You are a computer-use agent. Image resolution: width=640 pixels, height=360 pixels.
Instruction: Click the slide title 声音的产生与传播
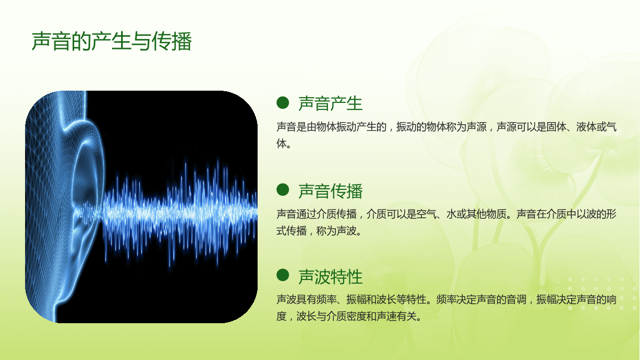[111, 42]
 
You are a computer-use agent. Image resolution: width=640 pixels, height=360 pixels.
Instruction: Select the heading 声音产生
[330, 103]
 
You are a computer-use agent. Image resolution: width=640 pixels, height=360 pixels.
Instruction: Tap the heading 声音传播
[330, 191]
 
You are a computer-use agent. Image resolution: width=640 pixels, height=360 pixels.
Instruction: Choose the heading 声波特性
[330, 277]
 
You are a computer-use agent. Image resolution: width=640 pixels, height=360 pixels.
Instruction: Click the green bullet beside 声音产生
[283, 103]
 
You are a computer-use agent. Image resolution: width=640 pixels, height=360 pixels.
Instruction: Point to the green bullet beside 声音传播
[283, 190]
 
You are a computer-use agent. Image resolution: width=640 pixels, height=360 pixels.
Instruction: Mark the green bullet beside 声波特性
[283, 275]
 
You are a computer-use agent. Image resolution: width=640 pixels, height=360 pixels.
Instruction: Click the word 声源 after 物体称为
[476, 127]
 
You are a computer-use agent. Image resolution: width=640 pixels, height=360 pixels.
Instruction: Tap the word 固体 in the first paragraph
[556, 127]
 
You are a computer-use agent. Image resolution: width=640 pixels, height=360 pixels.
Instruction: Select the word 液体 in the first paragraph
[586, 127]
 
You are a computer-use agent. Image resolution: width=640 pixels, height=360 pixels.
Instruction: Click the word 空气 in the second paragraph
[426, 214]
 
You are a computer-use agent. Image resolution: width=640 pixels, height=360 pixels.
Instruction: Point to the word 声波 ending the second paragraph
[346, 231]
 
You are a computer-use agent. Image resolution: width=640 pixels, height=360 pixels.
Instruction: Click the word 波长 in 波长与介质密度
[306, 316]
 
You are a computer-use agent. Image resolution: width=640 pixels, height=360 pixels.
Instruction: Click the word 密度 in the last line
[356, 316]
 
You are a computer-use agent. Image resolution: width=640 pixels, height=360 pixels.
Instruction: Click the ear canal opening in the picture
[83, 211]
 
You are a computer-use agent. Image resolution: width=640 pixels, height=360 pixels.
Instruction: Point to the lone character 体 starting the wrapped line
[282, 143]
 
